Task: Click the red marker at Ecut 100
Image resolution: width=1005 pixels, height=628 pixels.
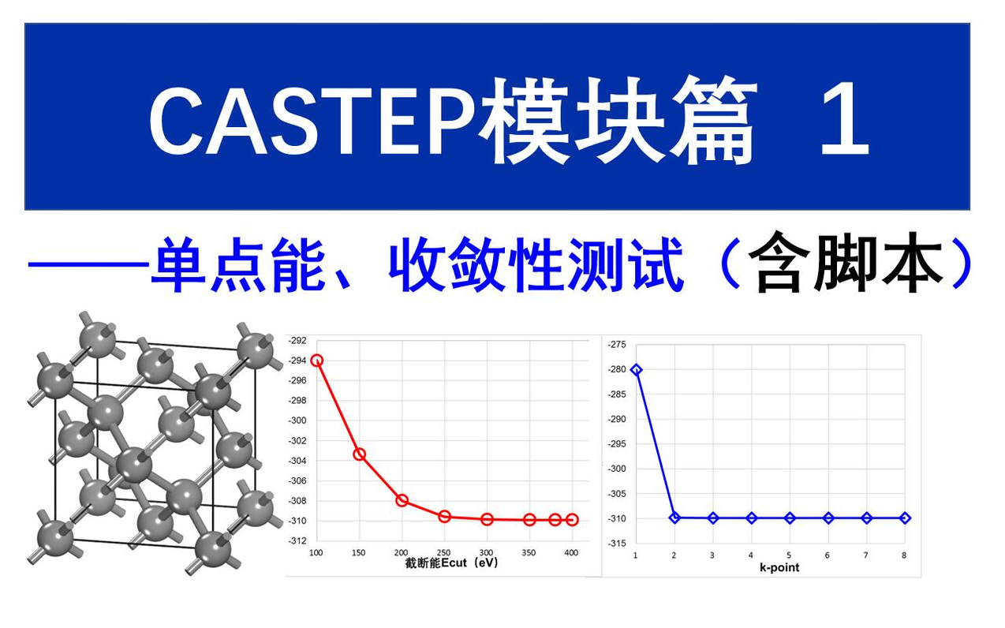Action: click(x=317, y=361)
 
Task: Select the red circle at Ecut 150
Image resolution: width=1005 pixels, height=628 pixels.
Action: click(x=360, y=454)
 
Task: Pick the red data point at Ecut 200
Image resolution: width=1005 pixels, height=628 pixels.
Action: click(x=402, y=500)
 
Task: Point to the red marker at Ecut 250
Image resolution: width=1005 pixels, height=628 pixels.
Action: click(x=445, y=516)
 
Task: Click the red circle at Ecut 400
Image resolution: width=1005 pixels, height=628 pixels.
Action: click(x=572, y=520)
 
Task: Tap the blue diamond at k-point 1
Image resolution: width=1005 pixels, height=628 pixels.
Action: click(x=637, y=369)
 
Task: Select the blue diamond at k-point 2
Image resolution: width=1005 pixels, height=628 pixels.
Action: click(x=674, y=518)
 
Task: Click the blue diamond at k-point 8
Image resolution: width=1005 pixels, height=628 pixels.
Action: click(x=905, y=518)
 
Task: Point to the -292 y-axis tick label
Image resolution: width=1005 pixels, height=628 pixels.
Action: click(x=297, y=341)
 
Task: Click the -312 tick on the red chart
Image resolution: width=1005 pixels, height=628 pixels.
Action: click(x=297, y=541)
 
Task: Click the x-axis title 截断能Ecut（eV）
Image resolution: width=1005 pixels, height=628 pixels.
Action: click(x=451, y=563)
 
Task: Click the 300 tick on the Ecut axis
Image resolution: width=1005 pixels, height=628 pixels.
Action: click(x=487, y=553)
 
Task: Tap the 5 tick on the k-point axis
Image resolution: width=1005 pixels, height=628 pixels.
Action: click(x=790, y=555)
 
